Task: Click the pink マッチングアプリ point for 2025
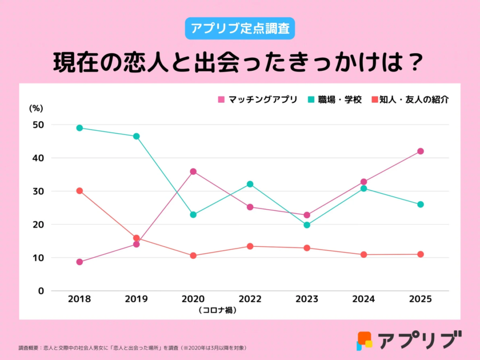421,151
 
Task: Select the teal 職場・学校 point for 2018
79,128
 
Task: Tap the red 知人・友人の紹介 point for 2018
79,191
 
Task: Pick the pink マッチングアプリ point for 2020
193,171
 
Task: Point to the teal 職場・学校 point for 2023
307,225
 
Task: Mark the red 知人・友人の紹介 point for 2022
250,246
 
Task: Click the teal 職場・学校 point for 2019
137,137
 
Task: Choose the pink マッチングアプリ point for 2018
79,262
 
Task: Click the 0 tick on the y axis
41,291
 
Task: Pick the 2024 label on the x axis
363,299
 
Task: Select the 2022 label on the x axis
250,299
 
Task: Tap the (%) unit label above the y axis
37,107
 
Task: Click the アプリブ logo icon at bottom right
364,341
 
